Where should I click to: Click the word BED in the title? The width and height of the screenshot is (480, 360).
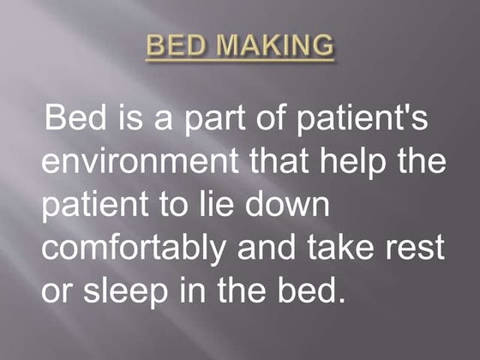pos(177,45)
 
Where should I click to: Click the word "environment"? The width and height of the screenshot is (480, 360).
pos(136,162)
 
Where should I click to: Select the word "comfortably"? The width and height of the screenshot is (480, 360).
pos(133,249)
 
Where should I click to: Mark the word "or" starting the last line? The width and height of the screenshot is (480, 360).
pos(57,291)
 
